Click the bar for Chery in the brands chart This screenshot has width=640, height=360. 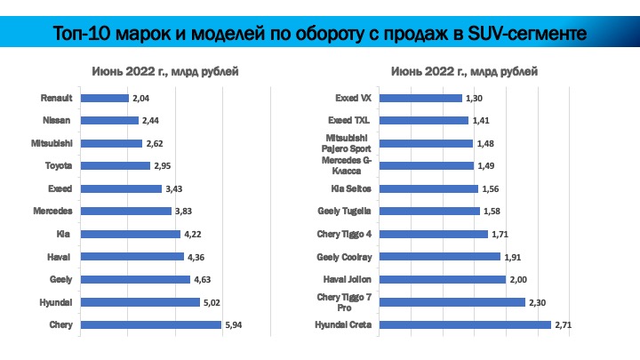tap(150, 325)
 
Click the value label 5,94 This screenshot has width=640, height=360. tap(233, 325)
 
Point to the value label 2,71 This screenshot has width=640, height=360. tap(562, 325)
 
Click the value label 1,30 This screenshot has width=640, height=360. tap(473, 98)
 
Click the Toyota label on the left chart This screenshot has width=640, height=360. tap(59, 166)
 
